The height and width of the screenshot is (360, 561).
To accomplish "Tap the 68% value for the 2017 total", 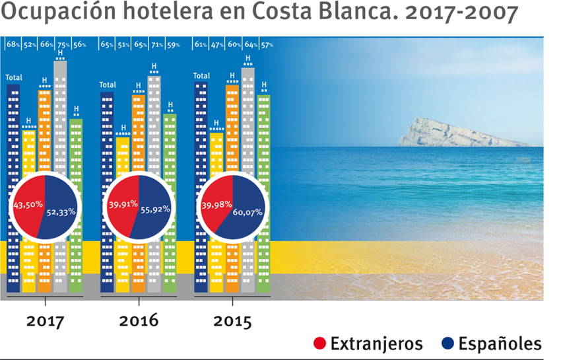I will pos(13,45).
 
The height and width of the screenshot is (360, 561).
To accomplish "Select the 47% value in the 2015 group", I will pos(216,45).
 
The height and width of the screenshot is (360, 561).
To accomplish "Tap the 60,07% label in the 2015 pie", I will pos(247,213).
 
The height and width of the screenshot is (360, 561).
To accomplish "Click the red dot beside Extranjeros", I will pos(319,344).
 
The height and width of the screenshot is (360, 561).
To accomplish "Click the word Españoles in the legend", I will pos(500,344).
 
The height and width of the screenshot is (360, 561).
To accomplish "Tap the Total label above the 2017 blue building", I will pos(13,77).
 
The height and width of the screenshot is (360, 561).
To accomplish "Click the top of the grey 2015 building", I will pos(248,70).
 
